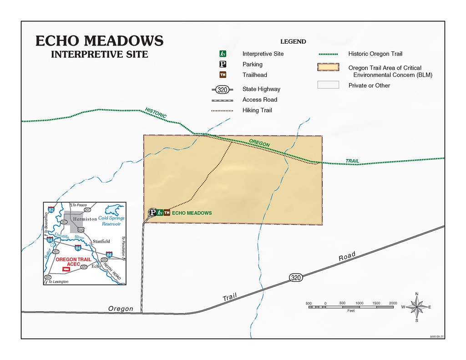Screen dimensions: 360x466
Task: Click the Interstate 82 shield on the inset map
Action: [51, 209]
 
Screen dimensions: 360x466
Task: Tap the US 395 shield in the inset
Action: [80, 230]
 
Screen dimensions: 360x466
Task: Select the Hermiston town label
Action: [85, 219]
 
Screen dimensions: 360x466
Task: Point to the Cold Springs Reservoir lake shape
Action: [113, 210]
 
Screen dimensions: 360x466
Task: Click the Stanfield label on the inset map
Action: [101, 241]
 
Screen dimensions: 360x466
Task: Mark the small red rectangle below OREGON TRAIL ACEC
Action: [66, 269]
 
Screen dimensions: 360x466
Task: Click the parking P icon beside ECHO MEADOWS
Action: [153, 213]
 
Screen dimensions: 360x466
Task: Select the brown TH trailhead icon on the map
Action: [167, 213]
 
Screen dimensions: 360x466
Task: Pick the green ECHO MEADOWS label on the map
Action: [192, 213]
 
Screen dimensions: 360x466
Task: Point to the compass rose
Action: [416, 307]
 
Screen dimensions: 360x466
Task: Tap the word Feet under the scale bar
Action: [351, 311]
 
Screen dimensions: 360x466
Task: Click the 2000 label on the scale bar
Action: [393, 303]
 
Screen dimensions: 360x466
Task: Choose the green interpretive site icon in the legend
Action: [223, 54]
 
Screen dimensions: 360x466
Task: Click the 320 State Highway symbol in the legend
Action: [223, 89]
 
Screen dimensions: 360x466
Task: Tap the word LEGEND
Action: [293, 41]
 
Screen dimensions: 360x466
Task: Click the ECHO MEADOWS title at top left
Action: [99, 41]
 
